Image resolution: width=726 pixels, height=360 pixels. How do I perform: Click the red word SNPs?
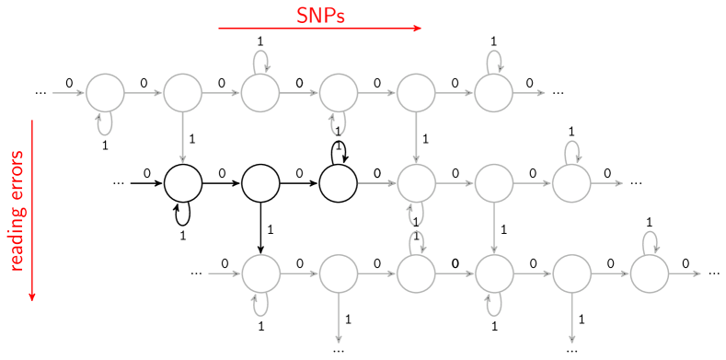pyautogui.click(x=320, y=16)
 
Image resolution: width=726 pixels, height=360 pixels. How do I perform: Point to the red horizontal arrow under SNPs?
pyautogui.click(x=319, y=29)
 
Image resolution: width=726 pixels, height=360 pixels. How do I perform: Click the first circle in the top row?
pyautogui.click(x=105, y=93)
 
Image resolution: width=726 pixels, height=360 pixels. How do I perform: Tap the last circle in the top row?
pyautogui.click(x=493, y=93)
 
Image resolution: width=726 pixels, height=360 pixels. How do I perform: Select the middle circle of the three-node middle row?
pyautogui.click(x=494, y=183)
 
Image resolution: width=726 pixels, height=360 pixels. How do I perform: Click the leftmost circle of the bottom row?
pyautogui.click(x=260, y=273)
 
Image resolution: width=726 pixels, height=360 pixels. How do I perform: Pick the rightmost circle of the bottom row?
pyautogui.click(x=649, y=273)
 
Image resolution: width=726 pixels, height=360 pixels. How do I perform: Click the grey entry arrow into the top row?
pyautogui.click(x=69, y=93)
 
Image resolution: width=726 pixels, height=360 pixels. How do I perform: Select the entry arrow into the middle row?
pyautogui.click(x=377, y=183)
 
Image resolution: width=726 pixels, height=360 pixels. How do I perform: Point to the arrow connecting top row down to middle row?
pyautogui.click(x=416, y=138)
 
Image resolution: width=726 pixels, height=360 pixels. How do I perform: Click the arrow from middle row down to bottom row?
pyautogui.click(x=494, y=228)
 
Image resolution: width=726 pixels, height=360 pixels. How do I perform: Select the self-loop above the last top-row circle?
pyautogui.click(x=495, y=62)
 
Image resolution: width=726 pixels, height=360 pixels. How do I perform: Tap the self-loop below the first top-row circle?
pyautogui.click(x=105, y=123)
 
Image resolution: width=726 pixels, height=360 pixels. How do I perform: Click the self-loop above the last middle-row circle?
pyautogui.click(x=572, y=152)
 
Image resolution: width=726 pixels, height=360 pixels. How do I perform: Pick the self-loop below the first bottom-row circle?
pyautogui.click(x=260, y=304)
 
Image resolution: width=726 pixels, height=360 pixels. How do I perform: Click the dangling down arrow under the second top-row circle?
pyautogui.click(x=182, y=137)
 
